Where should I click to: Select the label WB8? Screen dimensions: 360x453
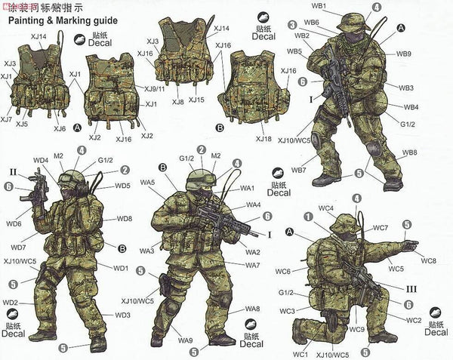tap(409, 152)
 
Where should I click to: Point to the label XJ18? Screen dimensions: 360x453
tap(263, 140)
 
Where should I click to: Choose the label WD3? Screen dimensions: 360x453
tap(122, 314)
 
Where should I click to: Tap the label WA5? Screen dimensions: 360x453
tap(146, 183)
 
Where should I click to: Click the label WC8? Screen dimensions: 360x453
tap(429, 260)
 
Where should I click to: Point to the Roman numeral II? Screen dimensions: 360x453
tap(13, 161)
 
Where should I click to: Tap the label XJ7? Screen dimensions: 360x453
tap(6, 119)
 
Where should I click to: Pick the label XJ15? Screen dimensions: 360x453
tap(196, 100)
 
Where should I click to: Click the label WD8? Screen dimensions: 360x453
tap(124, 219)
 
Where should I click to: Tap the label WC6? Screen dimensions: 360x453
tap(283, 271)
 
